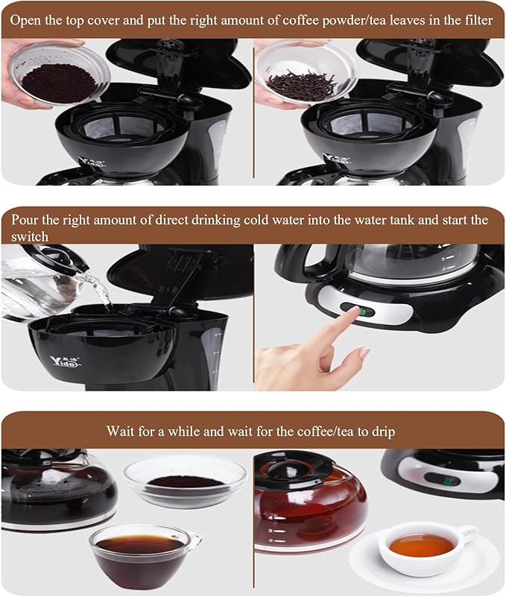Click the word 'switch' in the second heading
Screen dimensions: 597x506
coord(28,236)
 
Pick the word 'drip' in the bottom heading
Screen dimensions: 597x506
coord(383,432)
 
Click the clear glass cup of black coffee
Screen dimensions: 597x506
coord(142,555)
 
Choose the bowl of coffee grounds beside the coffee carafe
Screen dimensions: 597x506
coord(184,481)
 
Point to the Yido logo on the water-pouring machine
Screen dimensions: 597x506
coord(66,361)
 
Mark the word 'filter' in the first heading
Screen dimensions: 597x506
coord(475,20)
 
